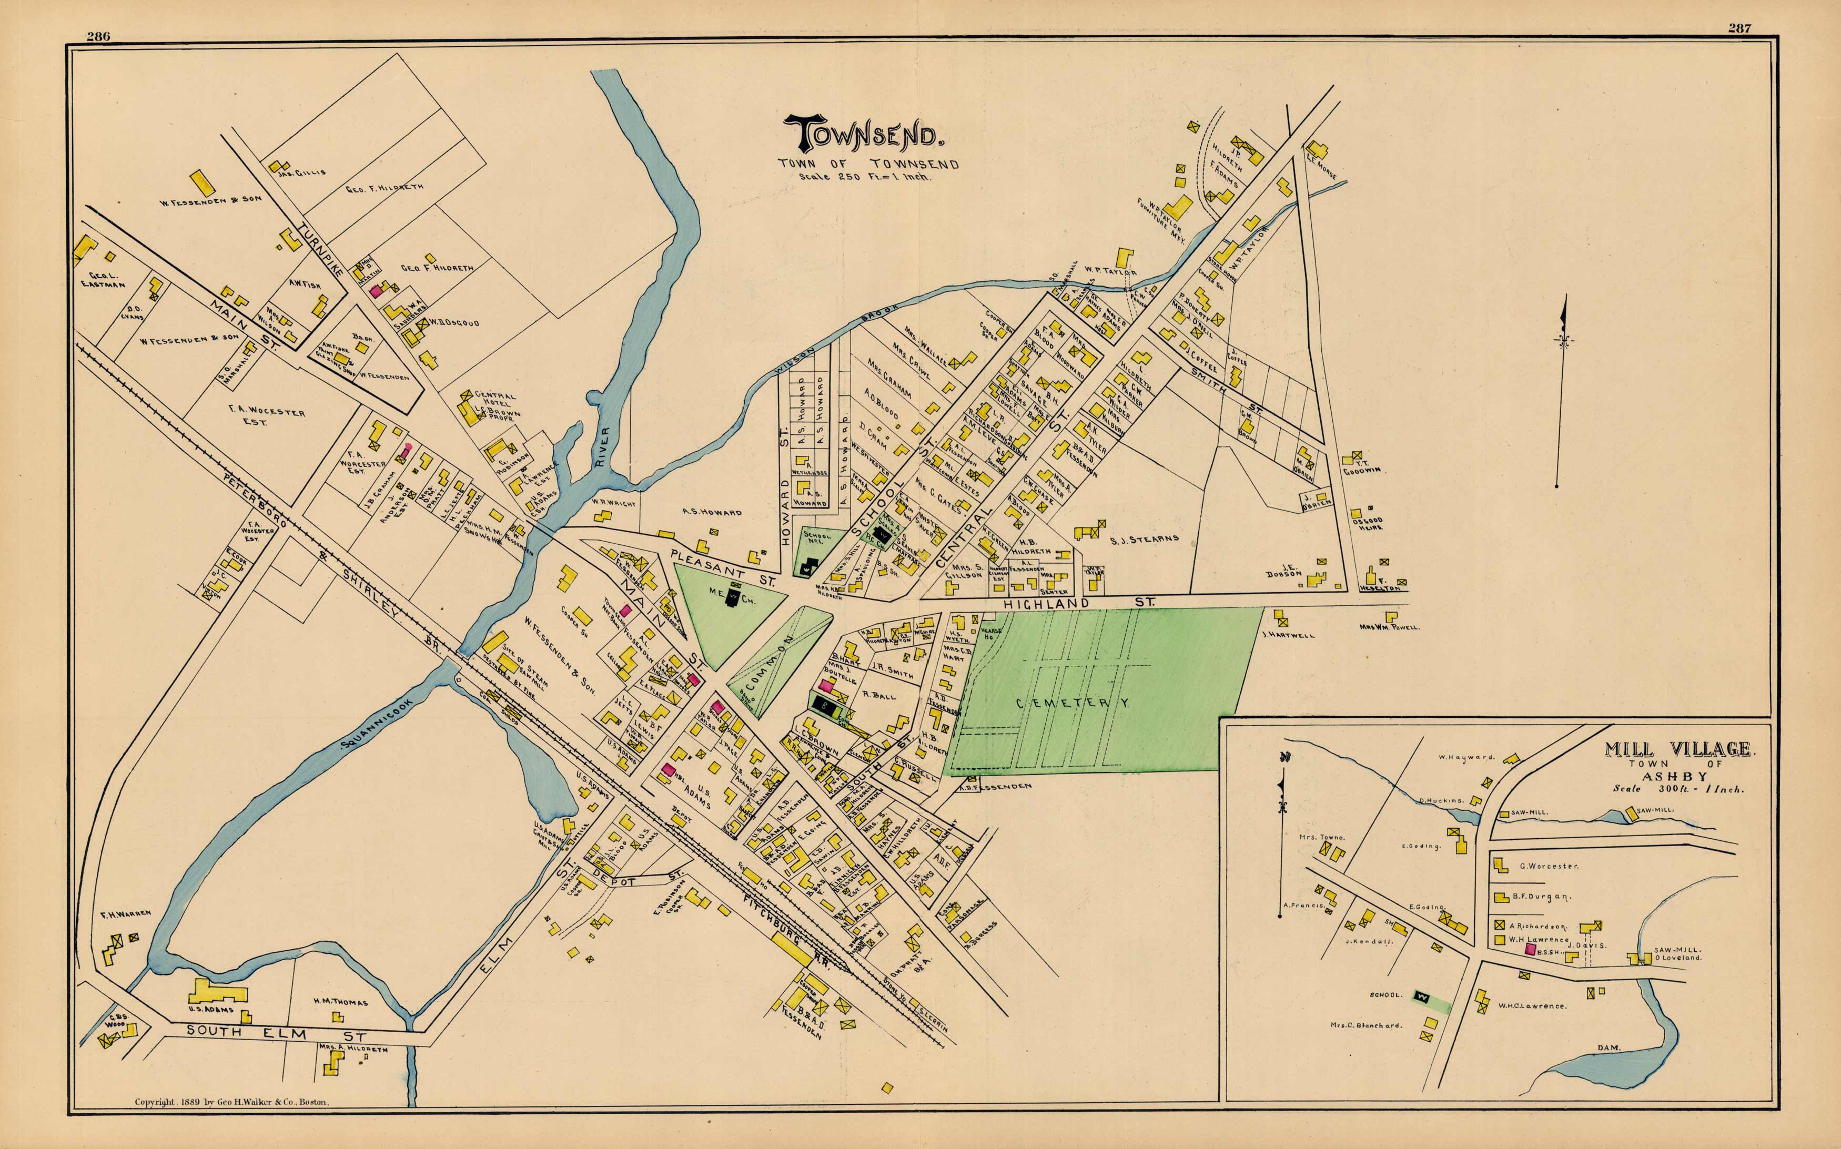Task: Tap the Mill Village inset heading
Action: point(1677,749)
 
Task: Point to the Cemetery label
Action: point(1073,703)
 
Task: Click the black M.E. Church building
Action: point(734,598)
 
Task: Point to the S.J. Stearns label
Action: point(1144,539)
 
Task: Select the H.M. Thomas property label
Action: point(340,1002)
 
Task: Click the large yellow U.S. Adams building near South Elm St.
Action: point(217,992)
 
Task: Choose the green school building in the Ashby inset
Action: point(1421,995)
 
